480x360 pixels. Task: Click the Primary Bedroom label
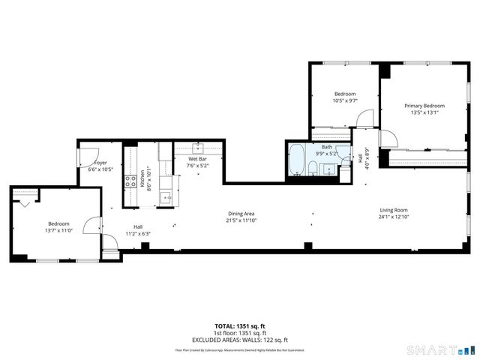[x=424, y=106]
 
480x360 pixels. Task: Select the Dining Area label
[x=240, y=214]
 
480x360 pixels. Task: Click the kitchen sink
[x=166, y=197]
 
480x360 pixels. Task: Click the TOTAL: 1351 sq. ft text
[x=240, y=326]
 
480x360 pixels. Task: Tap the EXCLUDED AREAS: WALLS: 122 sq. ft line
[x=240, y=339]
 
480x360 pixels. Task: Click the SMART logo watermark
[x=440, y=349]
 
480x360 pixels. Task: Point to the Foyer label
[x=100, y=163]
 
